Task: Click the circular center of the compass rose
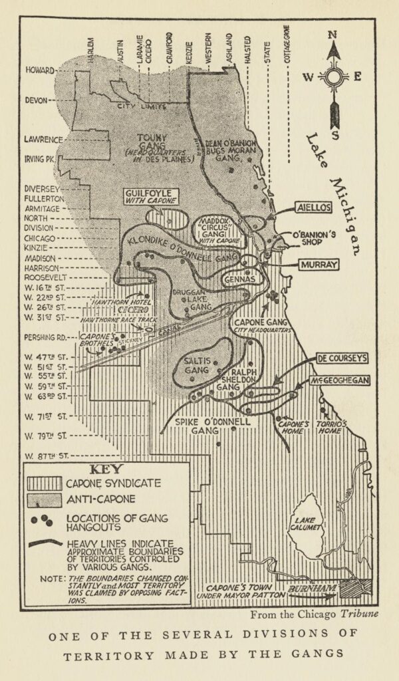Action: (334, 77)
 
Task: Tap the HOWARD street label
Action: (39, 70)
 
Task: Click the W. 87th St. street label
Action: (48, 456)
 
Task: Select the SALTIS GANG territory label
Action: (197, 364)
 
